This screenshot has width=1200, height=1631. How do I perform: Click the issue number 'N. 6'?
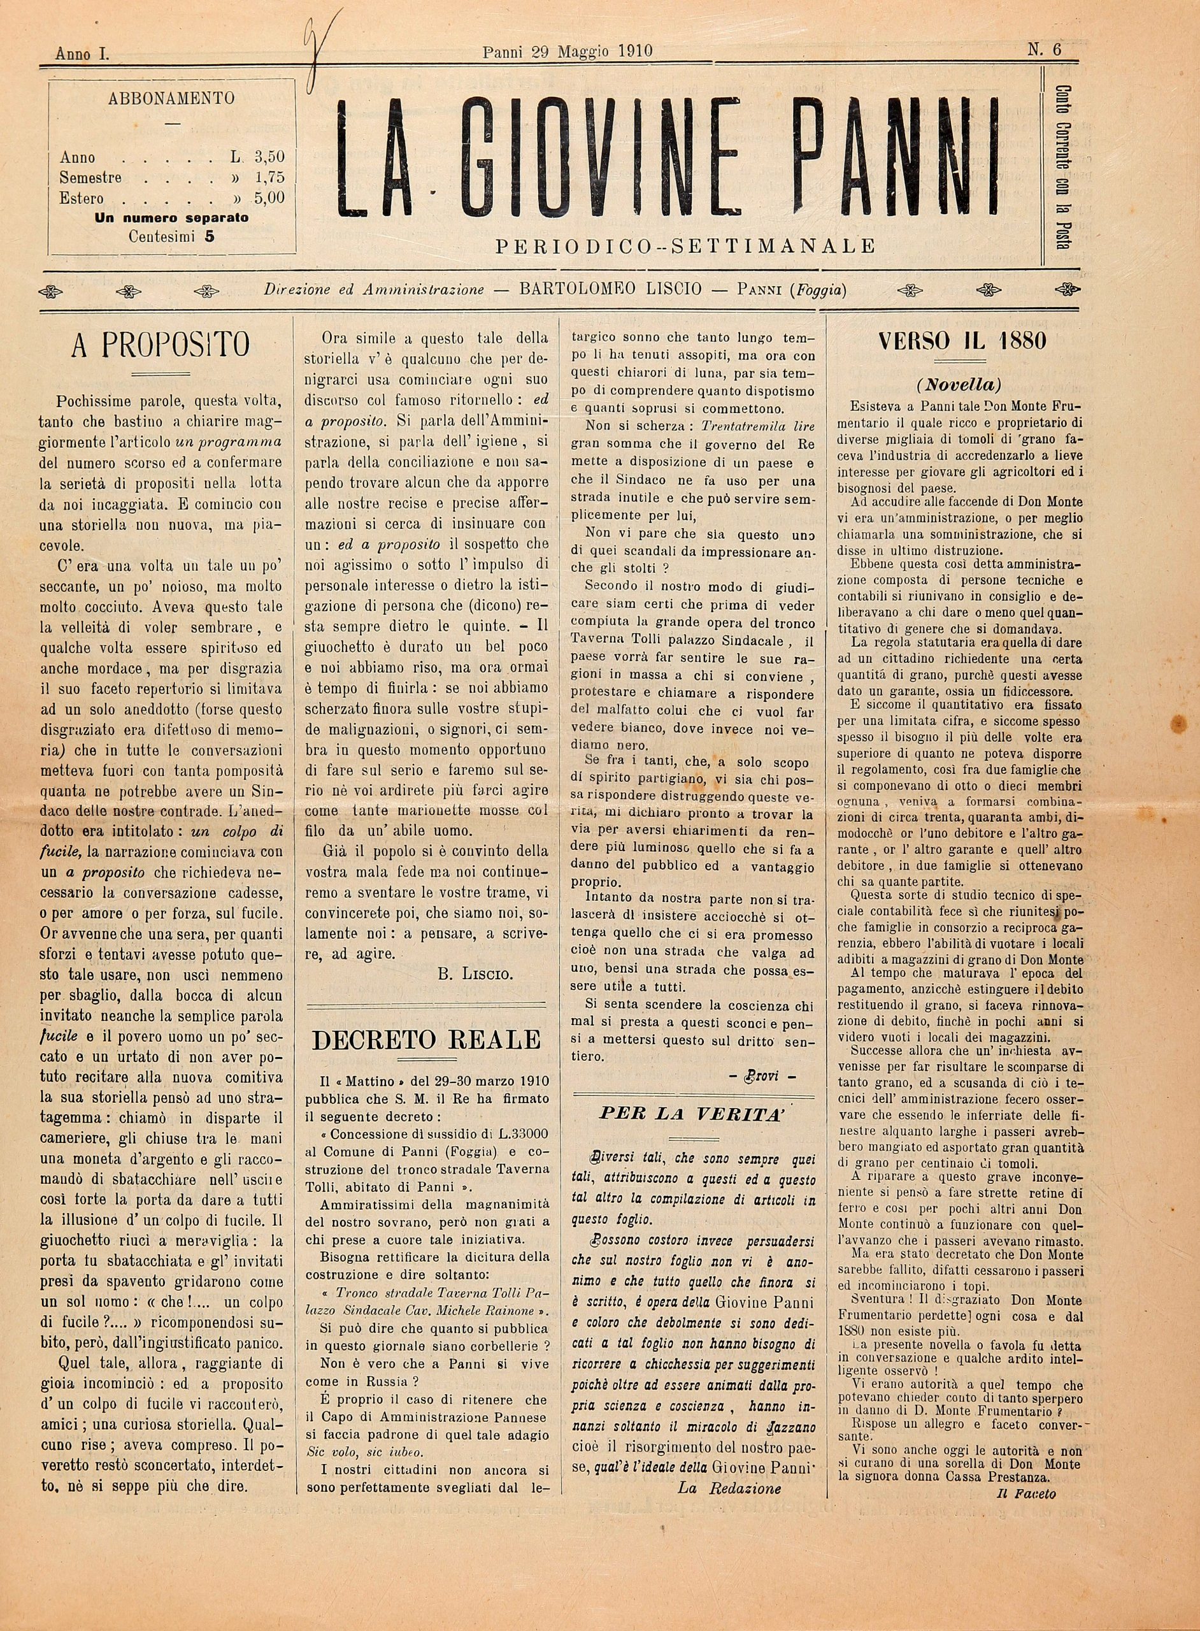click(x=1044, y=50)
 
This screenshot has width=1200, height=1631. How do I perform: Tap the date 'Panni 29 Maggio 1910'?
click(x=568, y=51)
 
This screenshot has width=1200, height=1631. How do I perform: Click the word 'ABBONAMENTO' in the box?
click(x=171, y=99)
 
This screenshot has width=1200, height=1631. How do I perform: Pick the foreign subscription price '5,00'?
click(x=269, y=198)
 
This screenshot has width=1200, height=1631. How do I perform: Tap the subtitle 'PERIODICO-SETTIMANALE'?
click(x=686, y=247)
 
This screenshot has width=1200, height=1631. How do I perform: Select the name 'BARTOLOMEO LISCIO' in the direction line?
click(x=611, y=289)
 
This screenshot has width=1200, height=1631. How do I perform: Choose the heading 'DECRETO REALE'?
click(x=425, y=1040)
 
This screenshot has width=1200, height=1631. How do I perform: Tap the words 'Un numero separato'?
click(x=171, y=217)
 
